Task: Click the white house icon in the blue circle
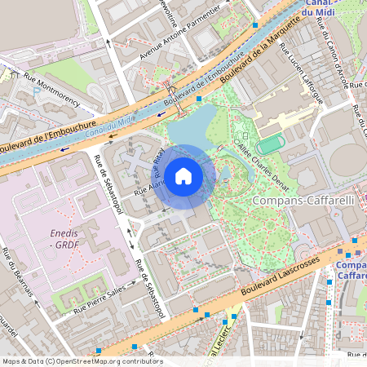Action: (x=183, y=176)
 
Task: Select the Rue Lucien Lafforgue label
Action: (x=303, y=75)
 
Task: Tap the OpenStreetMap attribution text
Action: (x=82, y=361)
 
